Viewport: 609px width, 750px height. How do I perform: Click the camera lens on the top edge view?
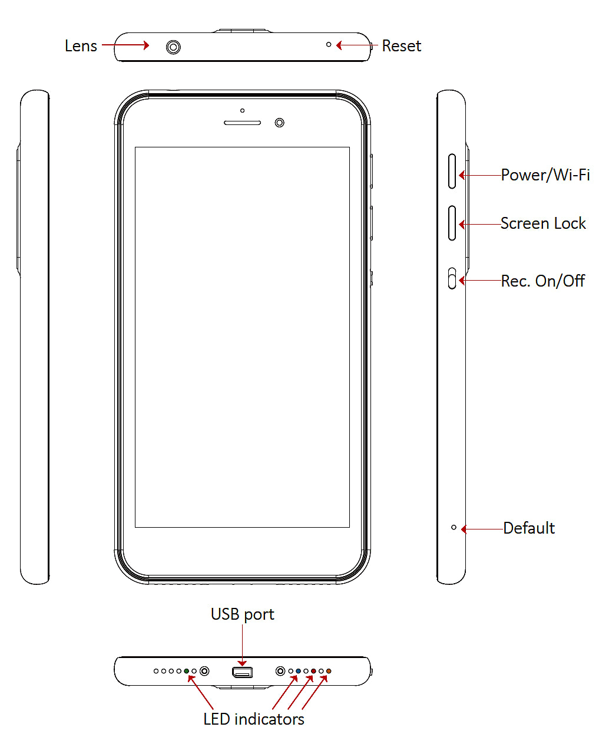[173, 47]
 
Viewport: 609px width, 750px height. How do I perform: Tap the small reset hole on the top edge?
[329, 44]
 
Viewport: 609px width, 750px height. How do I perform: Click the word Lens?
[81, 46]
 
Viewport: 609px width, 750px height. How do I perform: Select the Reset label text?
[401, 46]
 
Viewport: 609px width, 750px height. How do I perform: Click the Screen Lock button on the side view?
[452, 223]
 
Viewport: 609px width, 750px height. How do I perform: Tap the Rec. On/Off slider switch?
[452, 278]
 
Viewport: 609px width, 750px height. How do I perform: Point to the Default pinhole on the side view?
[454, 527]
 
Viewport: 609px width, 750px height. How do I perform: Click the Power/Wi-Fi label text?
[545, 175]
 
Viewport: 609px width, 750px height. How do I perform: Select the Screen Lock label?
[543, 223]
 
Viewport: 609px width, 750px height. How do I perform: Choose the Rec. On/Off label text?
[542, 281]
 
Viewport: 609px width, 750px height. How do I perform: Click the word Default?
[529, 528]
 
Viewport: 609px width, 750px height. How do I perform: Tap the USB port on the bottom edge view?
[242, 672]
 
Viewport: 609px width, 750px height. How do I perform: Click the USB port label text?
[242, 614]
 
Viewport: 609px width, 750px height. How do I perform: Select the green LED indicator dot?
[187, 671]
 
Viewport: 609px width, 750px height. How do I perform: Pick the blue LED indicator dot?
[299, 671]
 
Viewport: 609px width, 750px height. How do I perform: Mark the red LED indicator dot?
[313, 671]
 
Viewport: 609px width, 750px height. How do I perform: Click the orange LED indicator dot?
[329, 671]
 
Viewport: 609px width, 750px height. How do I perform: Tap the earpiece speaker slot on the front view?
[242, 123]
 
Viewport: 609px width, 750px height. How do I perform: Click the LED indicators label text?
[253, 719]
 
